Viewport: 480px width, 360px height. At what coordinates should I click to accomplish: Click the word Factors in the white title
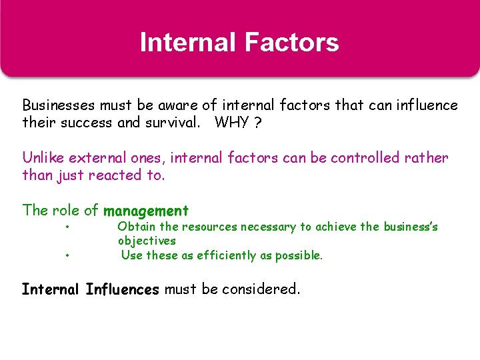point(291,43)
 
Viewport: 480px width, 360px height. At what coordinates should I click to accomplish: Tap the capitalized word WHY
point(231,123)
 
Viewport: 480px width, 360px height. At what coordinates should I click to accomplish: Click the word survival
point(173,123)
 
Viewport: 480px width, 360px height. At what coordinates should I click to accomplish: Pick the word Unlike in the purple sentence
point(43,158)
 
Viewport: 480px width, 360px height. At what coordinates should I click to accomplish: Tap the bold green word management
point(146,211)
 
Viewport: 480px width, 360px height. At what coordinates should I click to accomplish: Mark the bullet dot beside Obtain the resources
point(68,227)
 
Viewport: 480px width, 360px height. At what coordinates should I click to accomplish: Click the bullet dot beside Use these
point(68,255)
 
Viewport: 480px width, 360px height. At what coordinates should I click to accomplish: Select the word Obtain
point(135,227)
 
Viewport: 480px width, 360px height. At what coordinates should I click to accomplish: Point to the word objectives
point(147,241)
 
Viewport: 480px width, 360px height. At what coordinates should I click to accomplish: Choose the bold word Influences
point(123,289)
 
